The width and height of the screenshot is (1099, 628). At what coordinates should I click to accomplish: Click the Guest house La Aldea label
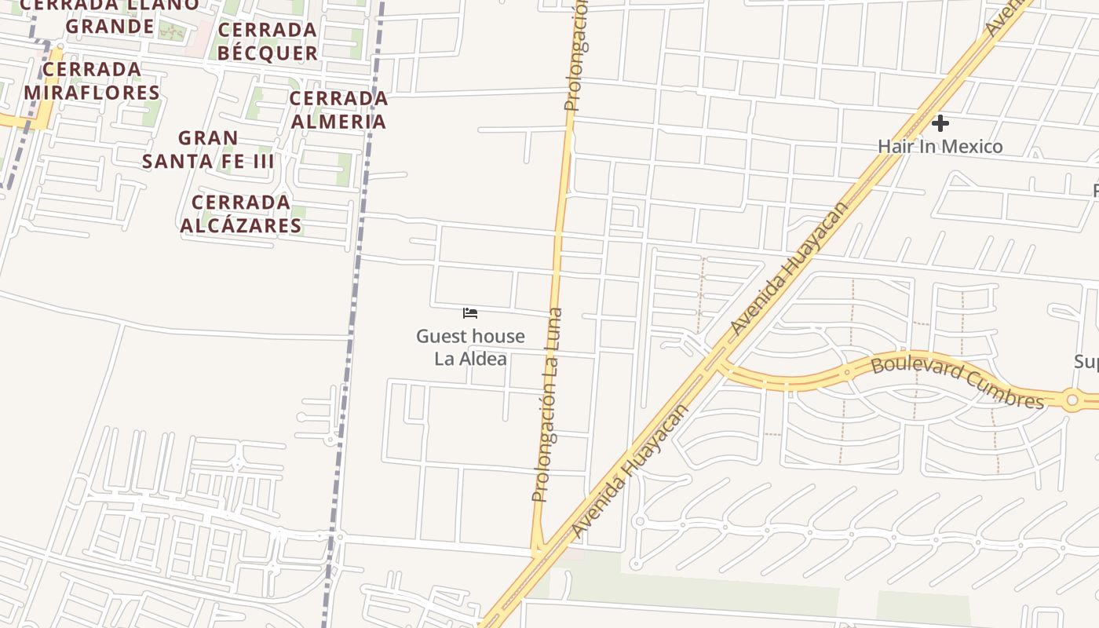[470, 347]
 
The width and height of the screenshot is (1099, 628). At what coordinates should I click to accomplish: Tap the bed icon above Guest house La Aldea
[470, 312]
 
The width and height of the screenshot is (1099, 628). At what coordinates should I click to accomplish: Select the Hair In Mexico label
[940, 146]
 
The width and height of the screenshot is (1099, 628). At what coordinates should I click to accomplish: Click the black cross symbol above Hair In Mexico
[940, 123]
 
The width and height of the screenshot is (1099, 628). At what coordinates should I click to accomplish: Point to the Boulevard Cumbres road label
[958, 382]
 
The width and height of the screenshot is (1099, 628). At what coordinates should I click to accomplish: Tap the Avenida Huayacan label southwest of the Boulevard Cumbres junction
[630, 472]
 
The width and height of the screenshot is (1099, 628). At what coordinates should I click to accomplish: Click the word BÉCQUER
[268, 53]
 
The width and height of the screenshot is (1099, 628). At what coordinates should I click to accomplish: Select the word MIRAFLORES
[92, 93]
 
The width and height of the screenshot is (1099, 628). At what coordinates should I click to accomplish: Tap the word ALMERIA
[338, 122]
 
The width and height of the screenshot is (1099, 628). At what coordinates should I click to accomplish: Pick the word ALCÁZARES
[241, 226]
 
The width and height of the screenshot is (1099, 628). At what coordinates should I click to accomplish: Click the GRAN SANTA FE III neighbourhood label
[208, 150]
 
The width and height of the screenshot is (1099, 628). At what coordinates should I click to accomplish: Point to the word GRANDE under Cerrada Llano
[110, 27]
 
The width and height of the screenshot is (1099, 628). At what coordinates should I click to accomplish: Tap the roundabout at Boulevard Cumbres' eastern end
[1071, 399]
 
